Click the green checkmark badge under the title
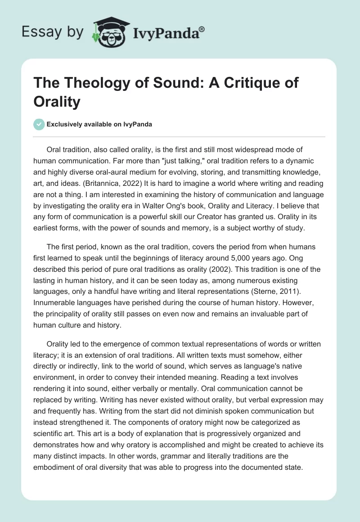(x=39, y=124)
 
